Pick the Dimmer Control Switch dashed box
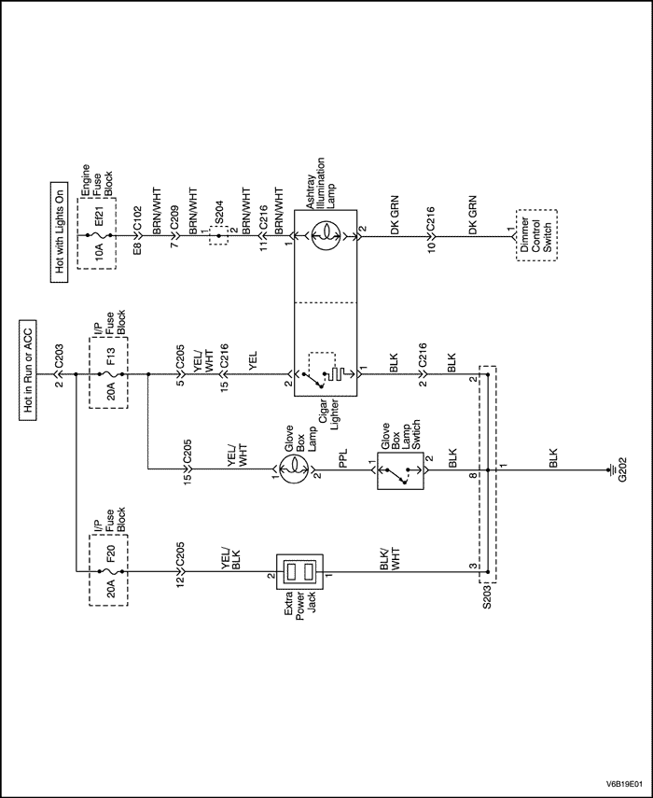pos(536,236)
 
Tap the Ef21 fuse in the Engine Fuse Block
pos(96,236)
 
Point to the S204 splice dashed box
pos(218,236)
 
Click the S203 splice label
pos(486,595)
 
